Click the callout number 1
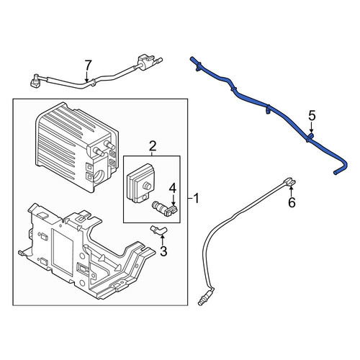pyautogui.click(x=197, y=199)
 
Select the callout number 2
pyautogui.click(x=153, y=145)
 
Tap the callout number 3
pyautogui.click(x=163, y=251)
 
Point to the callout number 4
pyautogui.click(x=173, y=189)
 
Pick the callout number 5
pyautogui.click(x=312, y=116)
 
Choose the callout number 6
pyautogui.click(x=292, y=203)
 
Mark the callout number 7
pyautogui.click(x=88, y=65)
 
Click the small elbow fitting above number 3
pyautogui.click(x=158, y=230)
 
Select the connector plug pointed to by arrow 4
pyautogui.click(x=166, y=208)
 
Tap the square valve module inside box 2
pyautogui.click(x=140, y=184)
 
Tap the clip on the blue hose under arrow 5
pyautogui.click(x=310, y=138)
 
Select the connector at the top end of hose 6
pyautogui.click(x=289, y=181)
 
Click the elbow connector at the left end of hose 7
pyautogui.click(x=35, y=80)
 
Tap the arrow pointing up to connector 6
pyautogui.click(x=291, y=192)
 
